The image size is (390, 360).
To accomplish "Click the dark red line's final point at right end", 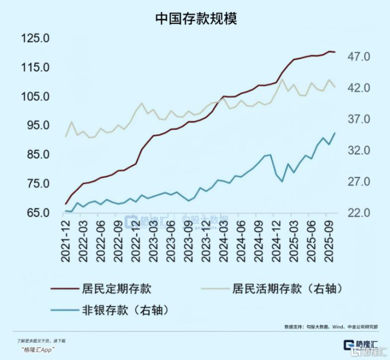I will [335, 52].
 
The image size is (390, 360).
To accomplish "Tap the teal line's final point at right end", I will [335, 133].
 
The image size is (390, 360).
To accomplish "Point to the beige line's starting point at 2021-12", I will [66, 137].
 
